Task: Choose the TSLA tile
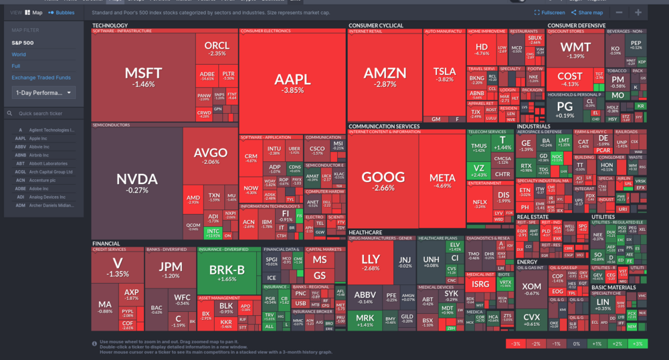point(444,74)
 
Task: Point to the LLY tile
point(370,262)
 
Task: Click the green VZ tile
point(478,171)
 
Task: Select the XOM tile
point(532,289)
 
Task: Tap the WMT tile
point(575,50)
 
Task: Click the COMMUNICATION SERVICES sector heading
point(384,126)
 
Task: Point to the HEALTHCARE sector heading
point(366,233)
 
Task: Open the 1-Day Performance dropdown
point(43,92)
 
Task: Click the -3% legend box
point(516,343)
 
